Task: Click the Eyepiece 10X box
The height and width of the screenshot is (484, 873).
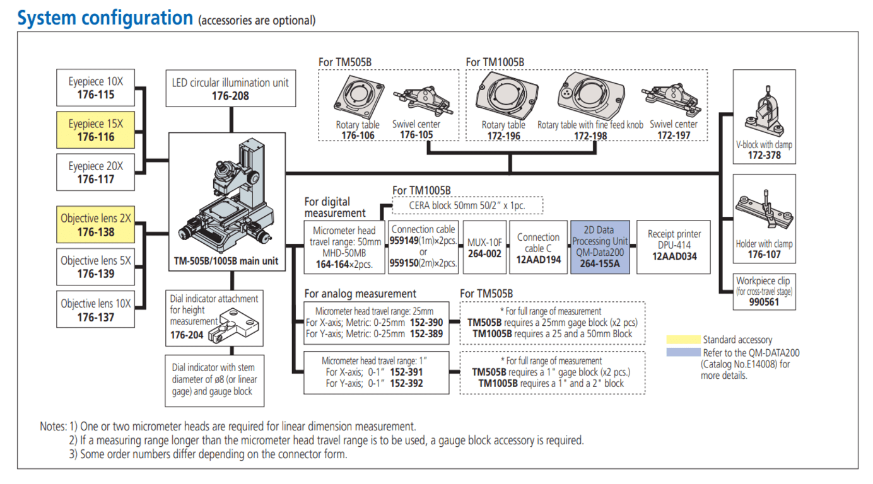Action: pyautogui.click(x=96, y=89)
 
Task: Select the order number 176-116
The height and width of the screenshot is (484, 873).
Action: pyautogui.click(x=96, y=137)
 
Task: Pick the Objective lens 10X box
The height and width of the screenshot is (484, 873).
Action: pyautogui.click(x=96, y=309)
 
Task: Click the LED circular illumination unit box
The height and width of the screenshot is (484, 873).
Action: pyautogui.click(x=230, y=89)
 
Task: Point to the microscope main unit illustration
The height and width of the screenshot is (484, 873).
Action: pyautogui.click(x=226, y=195)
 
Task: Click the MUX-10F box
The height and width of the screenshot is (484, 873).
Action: pyautogui.click(x=484, y=246)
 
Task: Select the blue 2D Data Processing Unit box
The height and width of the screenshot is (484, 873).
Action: pyautogui.click(x=600, y=246)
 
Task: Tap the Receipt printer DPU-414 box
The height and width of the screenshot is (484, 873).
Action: pyautogui.click(x=674, y=246)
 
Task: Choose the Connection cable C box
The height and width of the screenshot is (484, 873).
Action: pyautogui.click(x=538, y=246)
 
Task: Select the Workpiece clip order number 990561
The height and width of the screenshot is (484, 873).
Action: pyautogui.click(x=763, y=302)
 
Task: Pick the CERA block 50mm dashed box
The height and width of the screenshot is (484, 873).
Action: pyautogui.click(x=467, y=205)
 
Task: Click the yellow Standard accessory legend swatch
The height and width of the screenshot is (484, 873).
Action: pyautogui.click(x=683, y=340)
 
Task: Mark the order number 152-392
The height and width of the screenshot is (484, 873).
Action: pyautogui.click(x=407, y=383)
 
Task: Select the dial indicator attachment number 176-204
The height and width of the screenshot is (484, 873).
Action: pyautogui.click(x=187, y=335)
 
